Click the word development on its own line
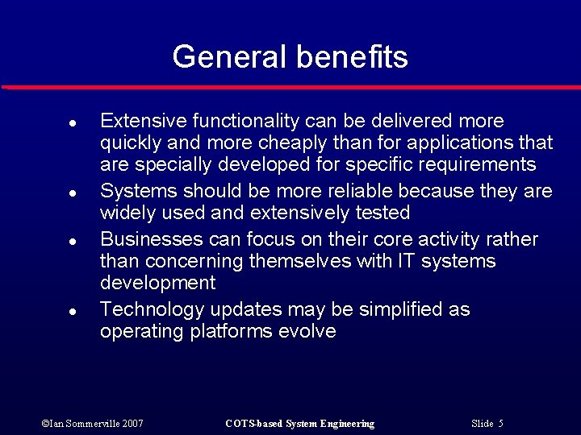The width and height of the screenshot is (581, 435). click(157, 284)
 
